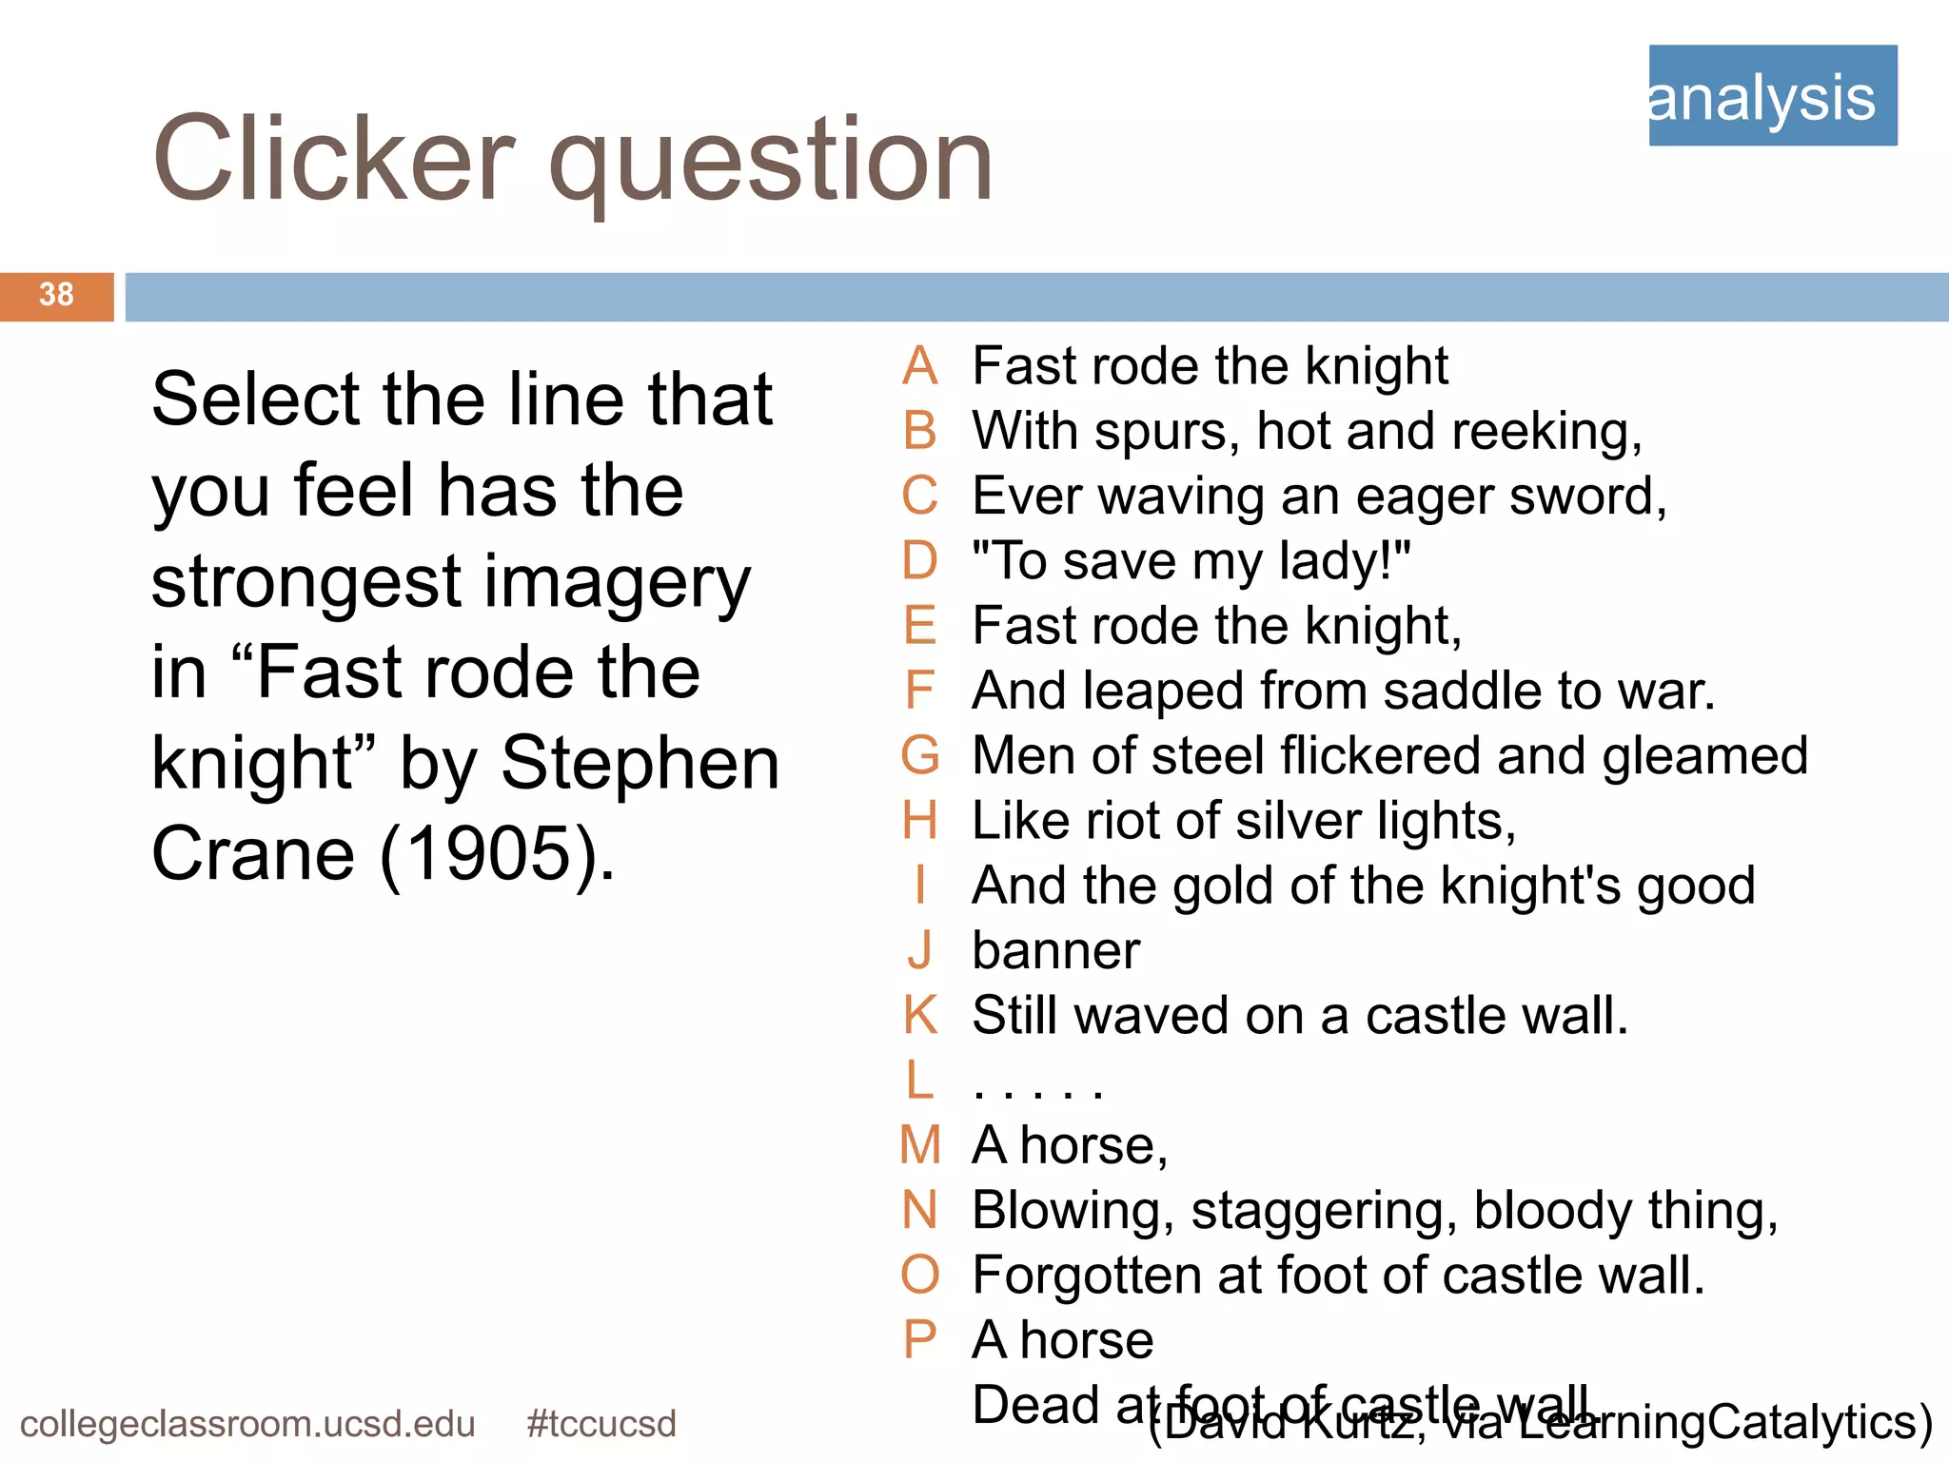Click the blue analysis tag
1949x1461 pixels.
1772,95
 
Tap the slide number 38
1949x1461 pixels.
56,295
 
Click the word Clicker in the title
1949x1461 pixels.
333,159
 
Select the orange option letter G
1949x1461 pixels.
919,755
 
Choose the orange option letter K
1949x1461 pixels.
919,1015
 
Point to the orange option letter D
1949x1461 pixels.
919,560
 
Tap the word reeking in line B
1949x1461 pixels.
1545,432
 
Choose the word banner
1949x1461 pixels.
1055,950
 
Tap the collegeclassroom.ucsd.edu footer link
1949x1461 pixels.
247,1424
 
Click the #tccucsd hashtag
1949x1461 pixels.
600,1424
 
